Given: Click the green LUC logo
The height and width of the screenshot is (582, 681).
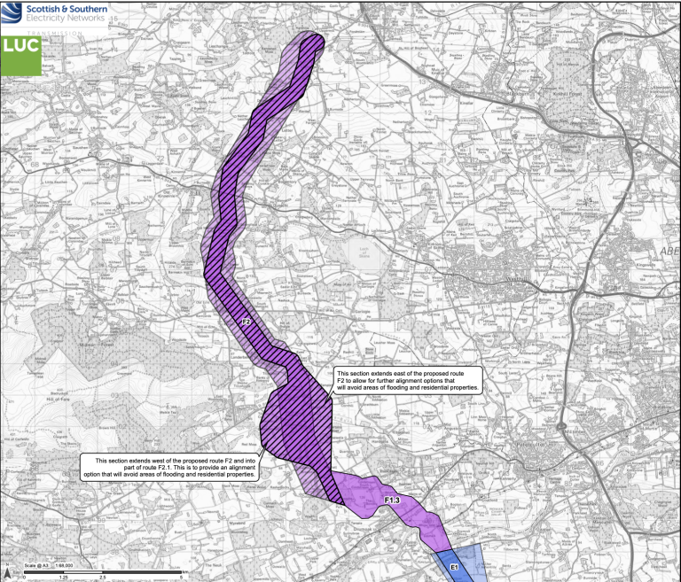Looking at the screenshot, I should click(20, 55).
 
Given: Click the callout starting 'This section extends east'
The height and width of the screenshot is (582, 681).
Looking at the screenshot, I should click(407, 381).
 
